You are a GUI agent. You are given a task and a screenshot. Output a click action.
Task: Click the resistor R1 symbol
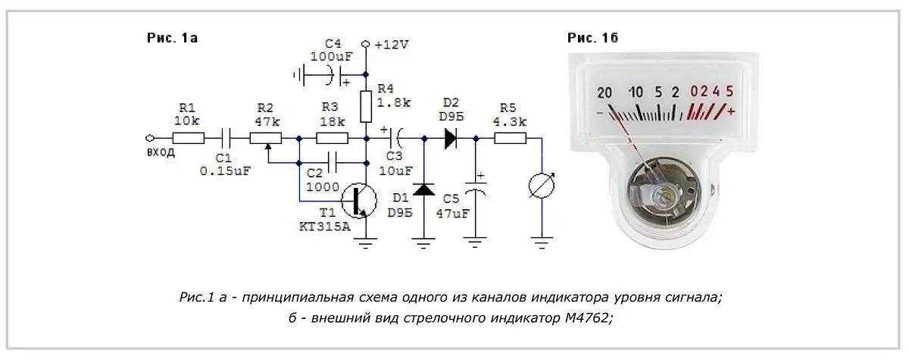(x=188, y=138)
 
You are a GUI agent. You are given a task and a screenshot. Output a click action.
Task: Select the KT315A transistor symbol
(x=359, y=200)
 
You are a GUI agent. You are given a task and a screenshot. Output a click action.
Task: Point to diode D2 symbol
(x=451, y=138)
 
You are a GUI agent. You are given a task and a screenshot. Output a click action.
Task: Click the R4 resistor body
(x=366, y=106)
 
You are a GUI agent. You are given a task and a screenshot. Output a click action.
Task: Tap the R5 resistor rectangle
(x=511, y=138)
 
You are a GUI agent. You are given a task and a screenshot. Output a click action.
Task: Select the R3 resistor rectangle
(x=332, y=138)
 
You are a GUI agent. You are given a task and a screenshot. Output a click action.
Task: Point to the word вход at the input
(x=161, y=152)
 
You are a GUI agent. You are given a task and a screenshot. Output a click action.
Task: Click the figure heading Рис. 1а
(x=172, y=36)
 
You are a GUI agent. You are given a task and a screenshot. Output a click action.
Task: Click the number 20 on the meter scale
(x=604, y=92)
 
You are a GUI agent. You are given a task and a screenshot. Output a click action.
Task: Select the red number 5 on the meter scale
(x=729, y=92)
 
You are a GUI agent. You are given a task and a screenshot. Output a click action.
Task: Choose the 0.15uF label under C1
(x=224, y=171)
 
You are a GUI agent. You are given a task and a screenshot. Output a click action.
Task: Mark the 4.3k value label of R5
(x=511, y=121)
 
